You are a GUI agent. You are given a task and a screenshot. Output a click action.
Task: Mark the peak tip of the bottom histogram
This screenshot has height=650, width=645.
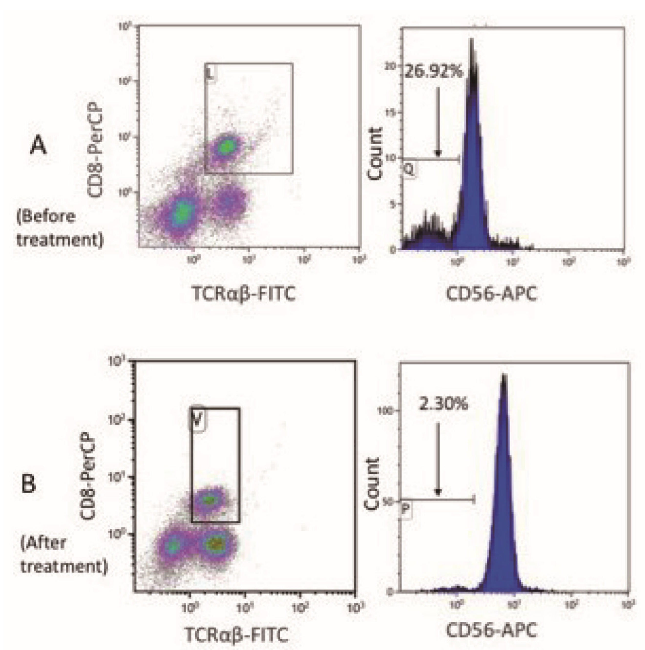tap(504, 375)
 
